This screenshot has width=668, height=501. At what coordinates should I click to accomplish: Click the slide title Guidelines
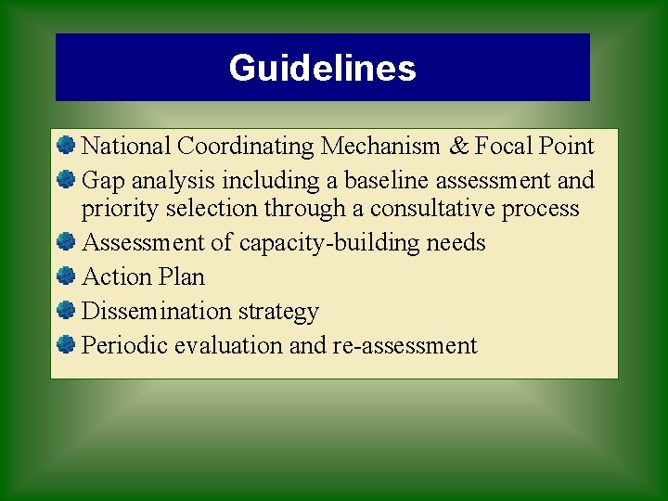click(x=322, y=68)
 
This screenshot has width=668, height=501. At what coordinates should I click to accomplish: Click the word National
click(x=127, y=146)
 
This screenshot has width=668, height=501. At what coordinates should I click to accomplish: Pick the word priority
click(x=120, y=209)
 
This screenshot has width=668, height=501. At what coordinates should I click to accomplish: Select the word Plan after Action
click(x=182, y=276)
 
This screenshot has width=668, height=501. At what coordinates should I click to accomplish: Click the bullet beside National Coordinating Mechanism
click(x=65, y=145)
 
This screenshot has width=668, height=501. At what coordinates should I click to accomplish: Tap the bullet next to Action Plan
click(x=65, y=276)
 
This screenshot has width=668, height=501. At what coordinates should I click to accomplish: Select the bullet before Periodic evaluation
click(x=65, y=344)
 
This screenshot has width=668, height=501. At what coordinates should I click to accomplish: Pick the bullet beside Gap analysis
click(x=65, y=179)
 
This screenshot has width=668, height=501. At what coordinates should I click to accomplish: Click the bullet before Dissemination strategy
click(x=65, y=310)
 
